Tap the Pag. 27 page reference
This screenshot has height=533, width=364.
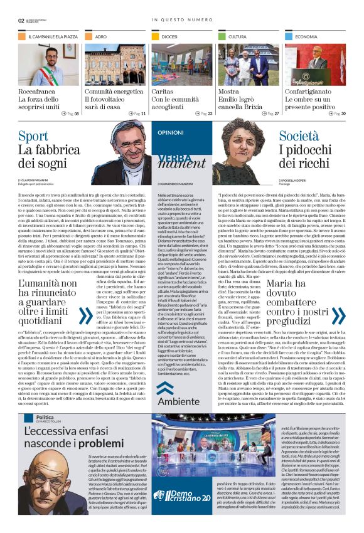[x=270, y=113]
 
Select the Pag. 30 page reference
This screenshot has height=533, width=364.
[x=337, y=113]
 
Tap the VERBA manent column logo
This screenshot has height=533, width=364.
[x=181, y=158]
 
